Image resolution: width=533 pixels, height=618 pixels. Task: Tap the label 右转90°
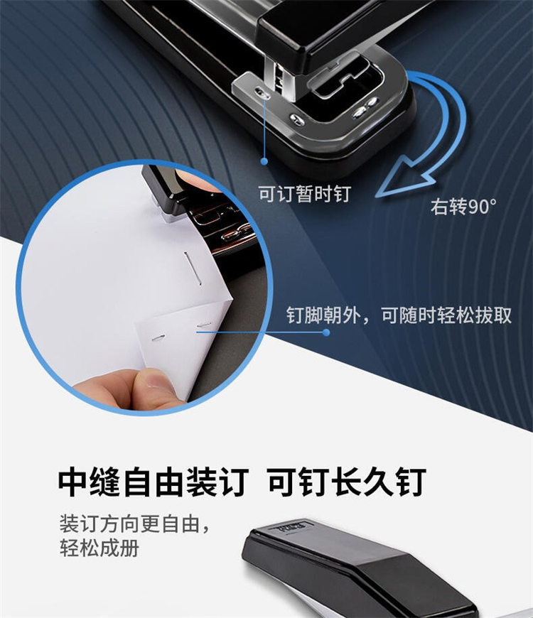click(463, 206)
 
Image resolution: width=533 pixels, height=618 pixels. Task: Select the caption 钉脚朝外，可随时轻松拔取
click(399, 315)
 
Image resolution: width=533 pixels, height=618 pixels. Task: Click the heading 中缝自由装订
click(154, 482)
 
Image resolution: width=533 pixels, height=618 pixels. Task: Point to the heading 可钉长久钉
click(347, 482)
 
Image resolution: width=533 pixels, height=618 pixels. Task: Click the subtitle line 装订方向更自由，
click(134, 524)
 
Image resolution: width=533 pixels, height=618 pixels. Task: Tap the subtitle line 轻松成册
click(99, 548)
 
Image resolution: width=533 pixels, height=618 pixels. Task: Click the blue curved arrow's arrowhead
click(404, 178)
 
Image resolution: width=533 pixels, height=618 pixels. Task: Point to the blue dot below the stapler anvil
click(264, 161)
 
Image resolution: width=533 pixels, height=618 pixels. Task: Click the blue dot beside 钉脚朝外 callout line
click(326, 332)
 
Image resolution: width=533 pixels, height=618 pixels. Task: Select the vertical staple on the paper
click(193, 269)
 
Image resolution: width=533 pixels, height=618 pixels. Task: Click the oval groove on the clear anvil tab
click(262, 92)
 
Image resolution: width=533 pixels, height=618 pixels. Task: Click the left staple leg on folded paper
click(159, 338)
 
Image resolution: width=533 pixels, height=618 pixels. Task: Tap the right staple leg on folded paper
click(204, 325)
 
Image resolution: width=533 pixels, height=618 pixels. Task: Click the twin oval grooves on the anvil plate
click(365, 108)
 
